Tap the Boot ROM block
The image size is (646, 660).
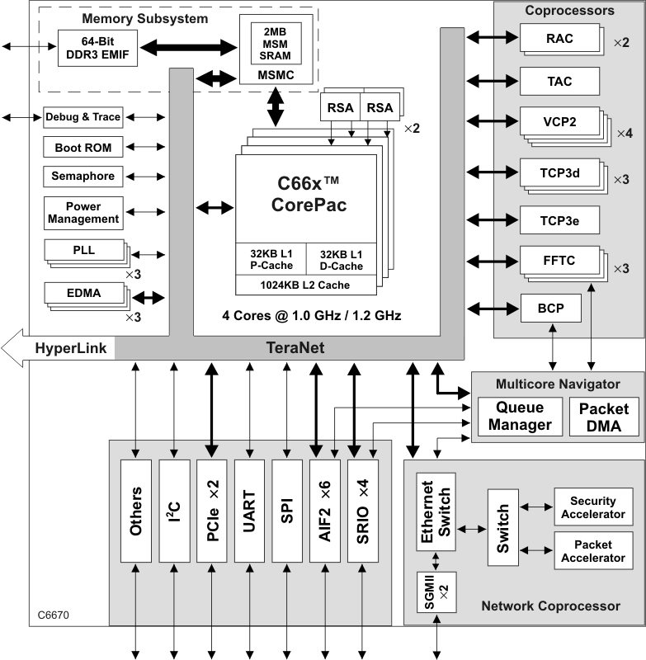(x=83, y=148)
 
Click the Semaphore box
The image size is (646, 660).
(x=83, y=177)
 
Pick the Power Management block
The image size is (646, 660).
(x=83, y=213)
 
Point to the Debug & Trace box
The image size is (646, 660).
(x=83, y=117)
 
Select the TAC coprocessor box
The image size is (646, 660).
(x=559, y=82)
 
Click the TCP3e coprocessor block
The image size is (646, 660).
(x=559, y=220)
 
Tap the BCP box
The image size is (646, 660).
(x=552, y=309)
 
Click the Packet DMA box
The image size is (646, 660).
(x=604, y=417)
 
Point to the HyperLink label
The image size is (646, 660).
(x=70, y=348)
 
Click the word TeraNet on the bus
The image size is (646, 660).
(x=295, y=348)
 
